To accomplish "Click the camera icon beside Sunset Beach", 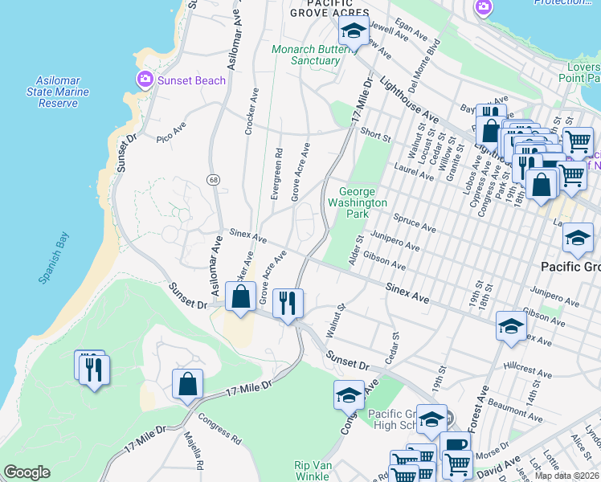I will point(145,79).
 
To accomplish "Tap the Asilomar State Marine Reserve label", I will point(63,92).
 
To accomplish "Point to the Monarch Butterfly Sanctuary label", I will point(317,55).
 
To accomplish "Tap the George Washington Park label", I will point(362,202).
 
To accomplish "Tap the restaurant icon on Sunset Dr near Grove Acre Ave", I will point(288,303).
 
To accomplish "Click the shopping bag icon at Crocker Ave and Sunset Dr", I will point(240,296).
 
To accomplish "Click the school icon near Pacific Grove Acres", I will point(352,32).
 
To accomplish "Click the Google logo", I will point(27,472).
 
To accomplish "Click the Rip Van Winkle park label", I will point(313,471).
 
